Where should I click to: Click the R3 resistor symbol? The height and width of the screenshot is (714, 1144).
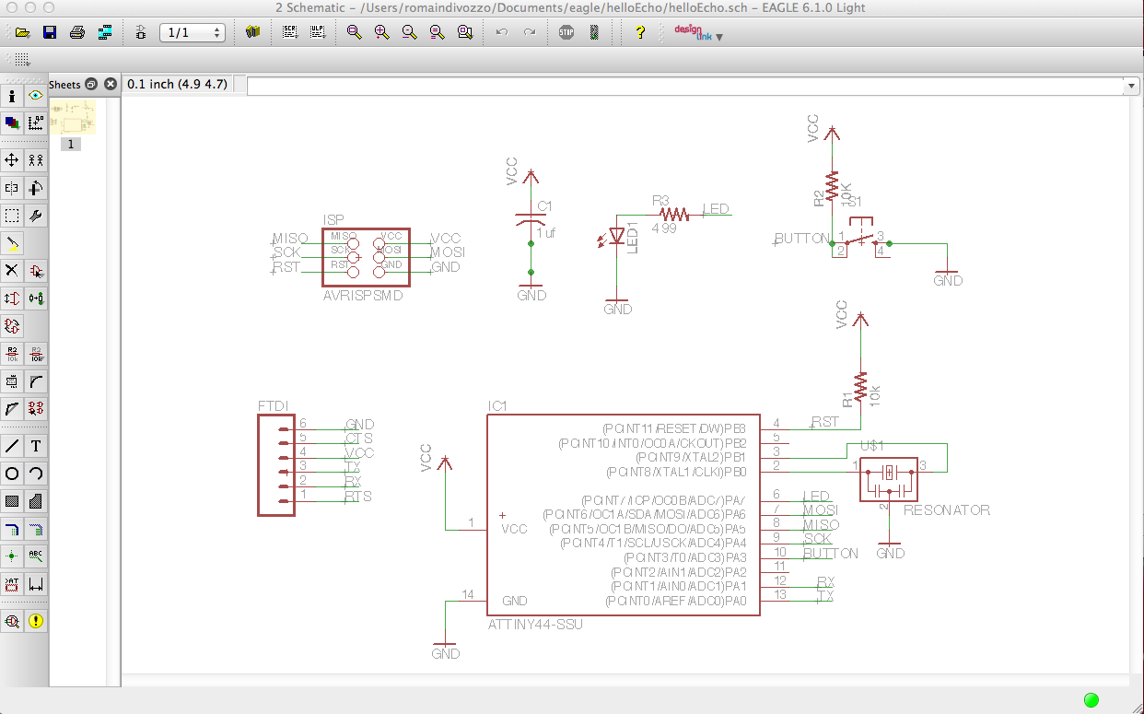(674, 214)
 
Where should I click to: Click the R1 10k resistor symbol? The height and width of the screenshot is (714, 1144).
(860, 386)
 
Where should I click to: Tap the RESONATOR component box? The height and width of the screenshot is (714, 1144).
(889, 479)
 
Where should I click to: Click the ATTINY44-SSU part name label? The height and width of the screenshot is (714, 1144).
(535, 624)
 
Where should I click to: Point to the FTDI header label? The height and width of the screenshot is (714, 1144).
(274, 405)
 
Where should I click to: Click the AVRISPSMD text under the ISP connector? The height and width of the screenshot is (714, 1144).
(363, 297)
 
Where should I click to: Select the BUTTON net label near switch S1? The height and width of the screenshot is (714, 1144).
(801, 239)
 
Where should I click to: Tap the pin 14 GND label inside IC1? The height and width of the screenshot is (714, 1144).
(514, 601)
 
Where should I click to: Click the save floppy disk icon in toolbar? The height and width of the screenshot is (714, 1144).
(50, 32)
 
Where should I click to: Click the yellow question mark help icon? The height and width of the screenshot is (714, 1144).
(640, 32)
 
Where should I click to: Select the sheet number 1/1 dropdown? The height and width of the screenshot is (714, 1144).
(192, 32)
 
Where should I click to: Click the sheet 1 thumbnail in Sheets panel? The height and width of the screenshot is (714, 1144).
(72, 117)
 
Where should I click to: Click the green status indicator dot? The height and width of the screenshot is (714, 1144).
(1091, 699)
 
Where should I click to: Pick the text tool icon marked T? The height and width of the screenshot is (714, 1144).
(36, 446)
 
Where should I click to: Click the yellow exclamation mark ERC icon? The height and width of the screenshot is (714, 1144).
(36, 621)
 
